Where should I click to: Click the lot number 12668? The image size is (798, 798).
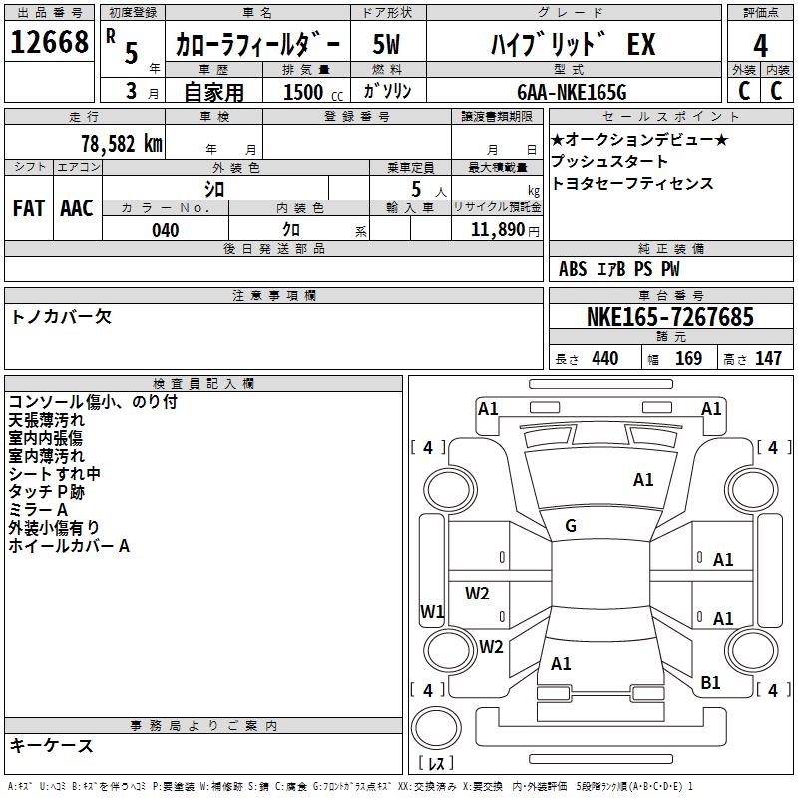(x=49, y=42)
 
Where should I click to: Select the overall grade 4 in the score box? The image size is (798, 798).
(x=760, y=46)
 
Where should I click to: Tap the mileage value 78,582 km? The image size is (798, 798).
(x=122, y=144)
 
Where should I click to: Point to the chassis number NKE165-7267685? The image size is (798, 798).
(x=670, y=317)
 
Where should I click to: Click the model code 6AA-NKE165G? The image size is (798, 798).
(x=572, y=92)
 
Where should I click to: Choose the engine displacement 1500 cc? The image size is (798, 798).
(x=313, y=92)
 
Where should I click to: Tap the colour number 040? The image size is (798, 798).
(x=166, y=231)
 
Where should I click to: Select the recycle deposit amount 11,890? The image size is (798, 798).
(x=498, y=230)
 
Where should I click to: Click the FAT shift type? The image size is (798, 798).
(x=29, y=208)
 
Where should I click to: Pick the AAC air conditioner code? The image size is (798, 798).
(x=77, y=208)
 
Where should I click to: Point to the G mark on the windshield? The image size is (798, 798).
(x=571, y=526)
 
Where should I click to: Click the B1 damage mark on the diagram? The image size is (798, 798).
(x=710, y=683)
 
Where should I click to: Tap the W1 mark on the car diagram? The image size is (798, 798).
(x=432, y=611)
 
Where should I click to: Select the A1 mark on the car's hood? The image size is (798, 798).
(x=643, y=480)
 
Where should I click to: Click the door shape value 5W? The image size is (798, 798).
(x=386, y=44)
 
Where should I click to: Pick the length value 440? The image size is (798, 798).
(x=605, y=359)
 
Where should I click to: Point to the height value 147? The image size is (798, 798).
(x=768, y=359)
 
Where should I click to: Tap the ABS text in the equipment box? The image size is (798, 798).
(x=573, y=269)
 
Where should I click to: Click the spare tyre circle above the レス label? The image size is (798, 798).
(x=436, y=728)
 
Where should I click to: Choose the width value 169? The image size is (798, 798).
(x=688, y=359)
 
